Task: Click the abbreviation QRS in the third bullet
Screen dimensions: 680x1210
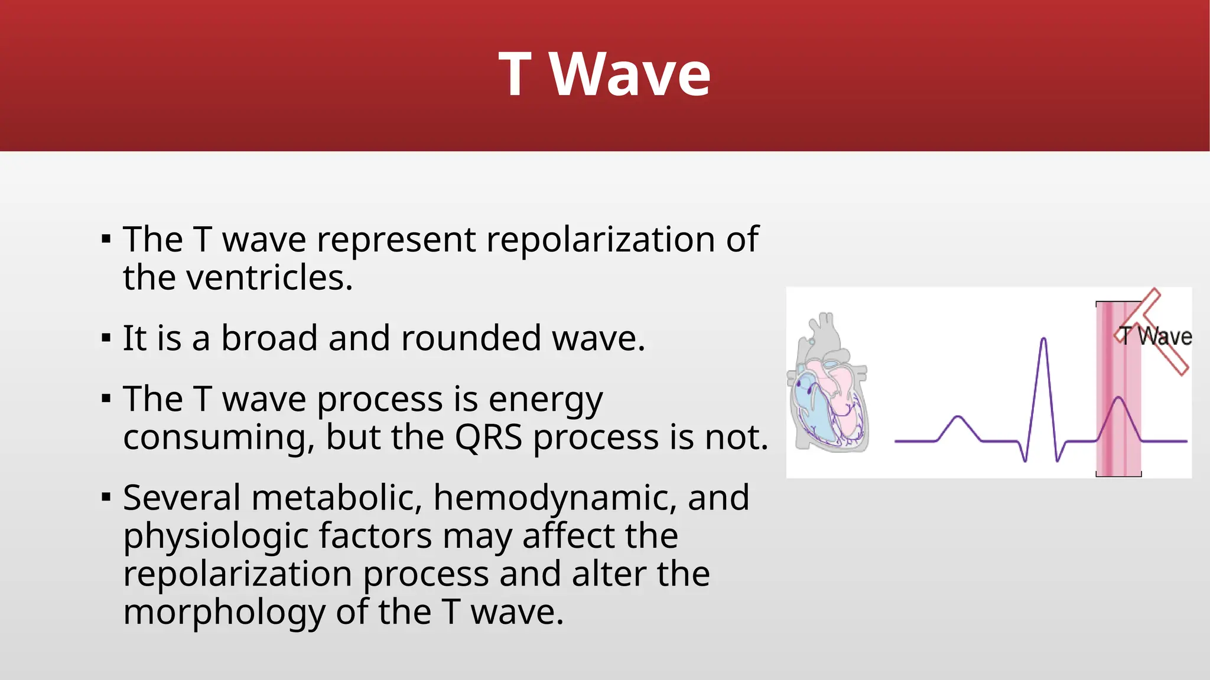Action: (x=488, y=437)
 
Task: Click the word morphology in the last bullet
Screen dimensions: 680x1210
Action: (x=224, y=613)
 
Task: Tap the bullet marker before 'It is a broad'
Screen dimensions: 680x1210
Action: (x=106, y=339)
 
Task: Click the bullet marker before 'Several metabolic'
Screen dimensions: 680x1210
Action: (x=106, y=498)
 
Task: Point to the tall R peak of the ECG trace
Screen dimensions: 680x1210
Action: (x=1044, y=341)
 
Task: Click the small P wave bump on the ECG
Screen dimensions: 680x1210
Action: (x=958, y=419)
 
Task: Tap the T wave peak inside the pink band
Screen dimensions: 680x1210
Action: (x=1118, y=400)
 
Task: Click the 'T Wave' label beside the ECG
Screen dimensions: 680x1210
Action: (x=1156, y=336)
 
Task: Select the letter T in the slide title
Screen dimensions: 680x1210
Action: (x=515, y=75)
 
